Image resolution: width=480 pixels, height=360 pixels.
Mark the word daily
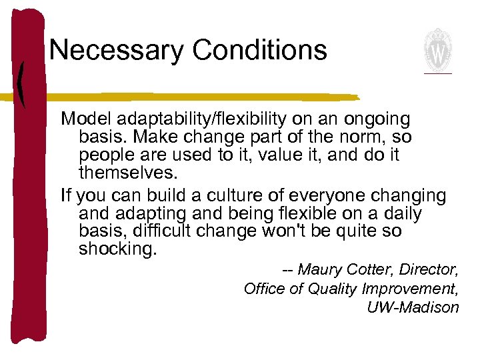(x=398, y=214)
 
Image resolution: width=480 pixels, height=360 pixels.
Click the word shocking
(x=117, y=251)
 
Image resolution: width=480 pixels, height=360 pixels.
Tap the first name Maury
(x=319, y=270)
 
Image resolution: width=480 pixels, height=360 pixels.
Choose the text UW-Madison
(x=413, y=307)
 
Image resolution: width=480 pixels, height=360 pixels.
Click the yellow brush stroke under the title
(x=200, y=96)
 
